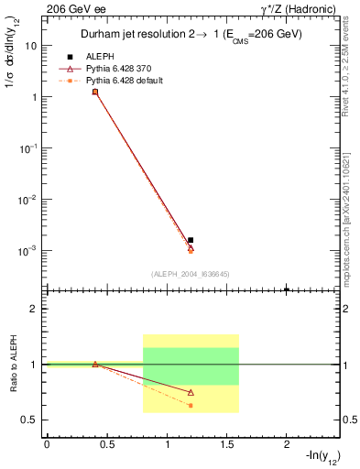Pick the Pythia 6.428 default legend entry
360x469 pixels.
(120, 81)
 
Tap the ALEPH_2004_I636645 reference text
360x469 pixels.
(191, 273)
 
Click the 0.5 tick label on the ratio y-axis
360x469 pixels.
(31, 420)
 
